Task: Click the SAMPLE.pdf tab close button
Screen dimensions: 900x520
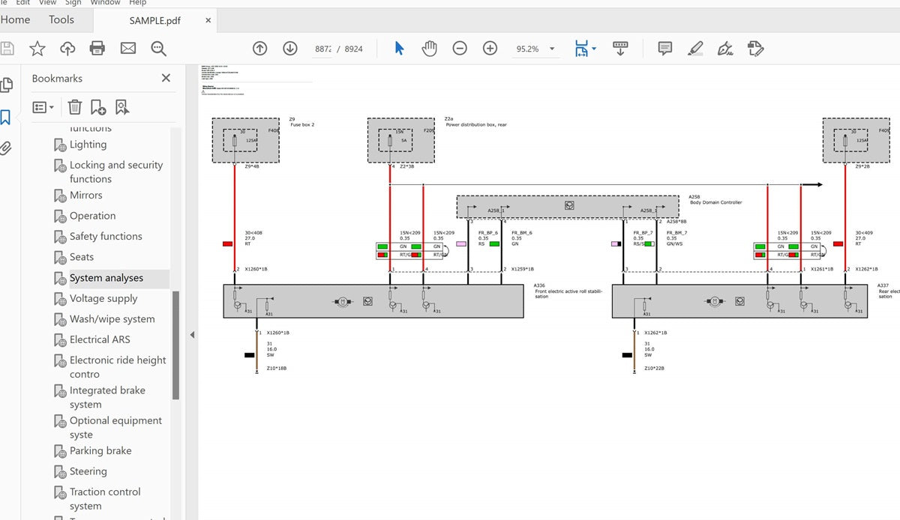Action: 208,20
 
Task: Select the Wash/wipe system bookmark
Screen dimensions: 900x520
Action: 112,318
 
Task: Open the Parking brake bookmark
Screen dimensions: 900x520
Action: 100,450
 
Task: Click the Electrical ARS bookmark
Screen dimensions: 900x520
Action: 100,339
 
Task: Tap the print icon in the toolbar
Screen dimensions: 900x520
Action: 97,49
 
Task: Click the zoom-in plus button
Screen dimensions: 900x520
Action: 490,49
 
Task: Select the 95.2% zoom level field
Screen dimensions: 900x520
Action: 527,49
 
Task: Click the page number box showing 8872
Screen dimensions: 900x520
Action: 323,49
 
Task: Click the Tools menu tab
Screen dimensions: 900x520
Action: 61,20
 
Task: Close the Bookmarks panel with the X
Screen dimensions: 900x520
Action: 166,78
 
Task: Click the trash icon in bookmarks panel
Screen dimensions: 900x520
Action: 74,107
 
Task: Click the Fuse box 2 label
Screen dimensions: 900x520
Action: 302,125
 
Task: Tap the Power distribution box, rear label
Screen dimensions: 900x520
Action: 476,125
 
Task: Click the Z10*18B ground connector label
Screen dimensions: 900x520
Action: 277,368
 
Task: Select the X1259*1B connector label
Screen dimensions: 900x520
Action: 522,268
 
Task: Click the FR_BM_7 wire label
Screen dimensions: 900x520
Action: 676,233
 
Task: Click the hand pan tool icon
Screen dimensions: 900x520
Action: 429,49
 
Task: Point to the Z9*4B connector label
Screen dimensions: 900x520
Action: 252,166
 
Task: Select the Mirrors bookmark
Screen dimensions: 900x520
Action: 86,195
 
